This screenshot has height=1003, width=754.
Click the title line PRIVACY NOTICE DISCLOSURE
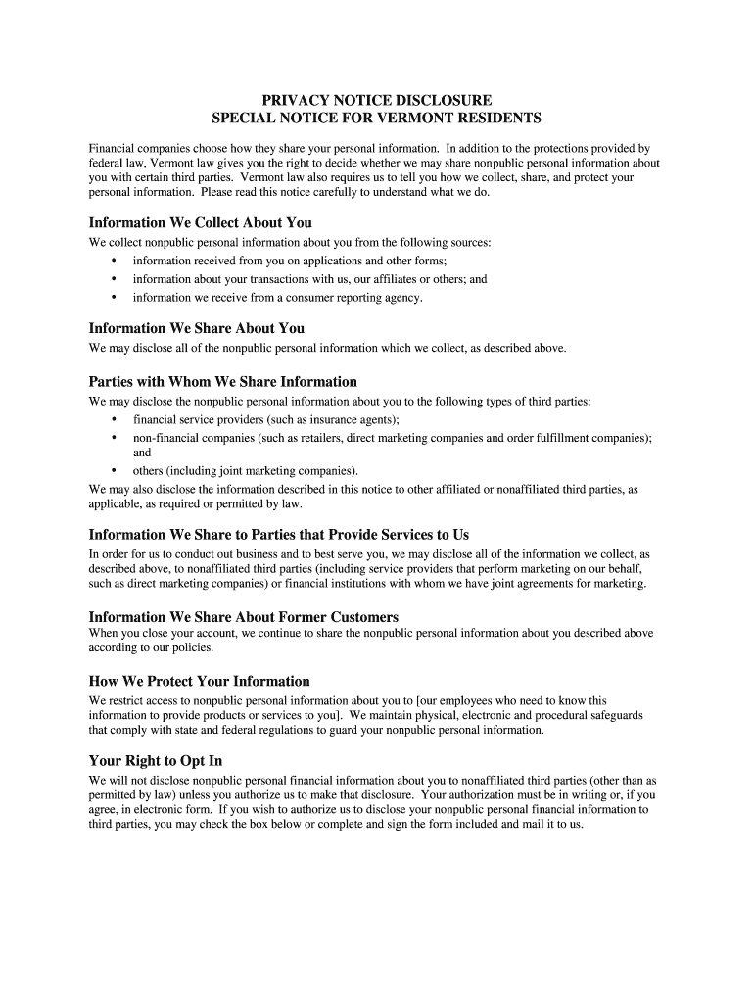377,100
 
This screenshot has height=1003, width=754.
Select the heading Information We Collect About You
201,222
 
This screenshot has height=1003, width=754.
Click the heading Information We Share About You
197,328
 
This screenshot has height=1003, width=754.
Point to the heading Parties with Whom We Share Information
223,381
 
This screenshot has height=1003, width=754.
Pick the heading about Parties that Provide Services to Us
279,534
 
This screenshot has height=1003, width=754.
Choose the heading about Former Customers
244,617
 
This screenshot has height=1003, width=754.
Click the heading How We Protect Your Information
199,681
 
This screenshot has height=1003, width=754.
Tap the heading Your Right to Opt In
156,760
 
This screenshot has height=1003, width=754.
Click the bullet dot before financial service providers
114,419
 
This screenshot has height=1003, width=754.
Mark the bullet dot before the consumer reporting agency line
114,297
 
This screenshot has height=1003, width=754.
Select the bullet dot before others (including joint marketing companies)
114,470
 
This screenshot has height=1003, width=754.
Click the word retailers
308,437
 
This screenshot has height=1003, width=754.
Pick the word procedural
563,715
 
